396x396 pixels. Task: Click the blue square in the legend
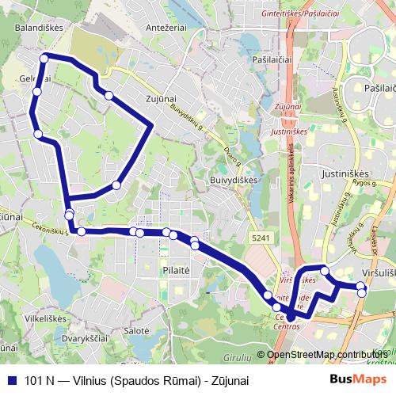(12, 380)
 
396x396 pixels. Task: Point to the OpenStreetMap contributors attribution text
(327, 354)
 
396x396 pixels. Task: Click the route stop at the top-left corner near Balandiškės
(45, 57)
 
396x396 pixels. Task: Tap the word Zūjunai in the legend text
(226, 380)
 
